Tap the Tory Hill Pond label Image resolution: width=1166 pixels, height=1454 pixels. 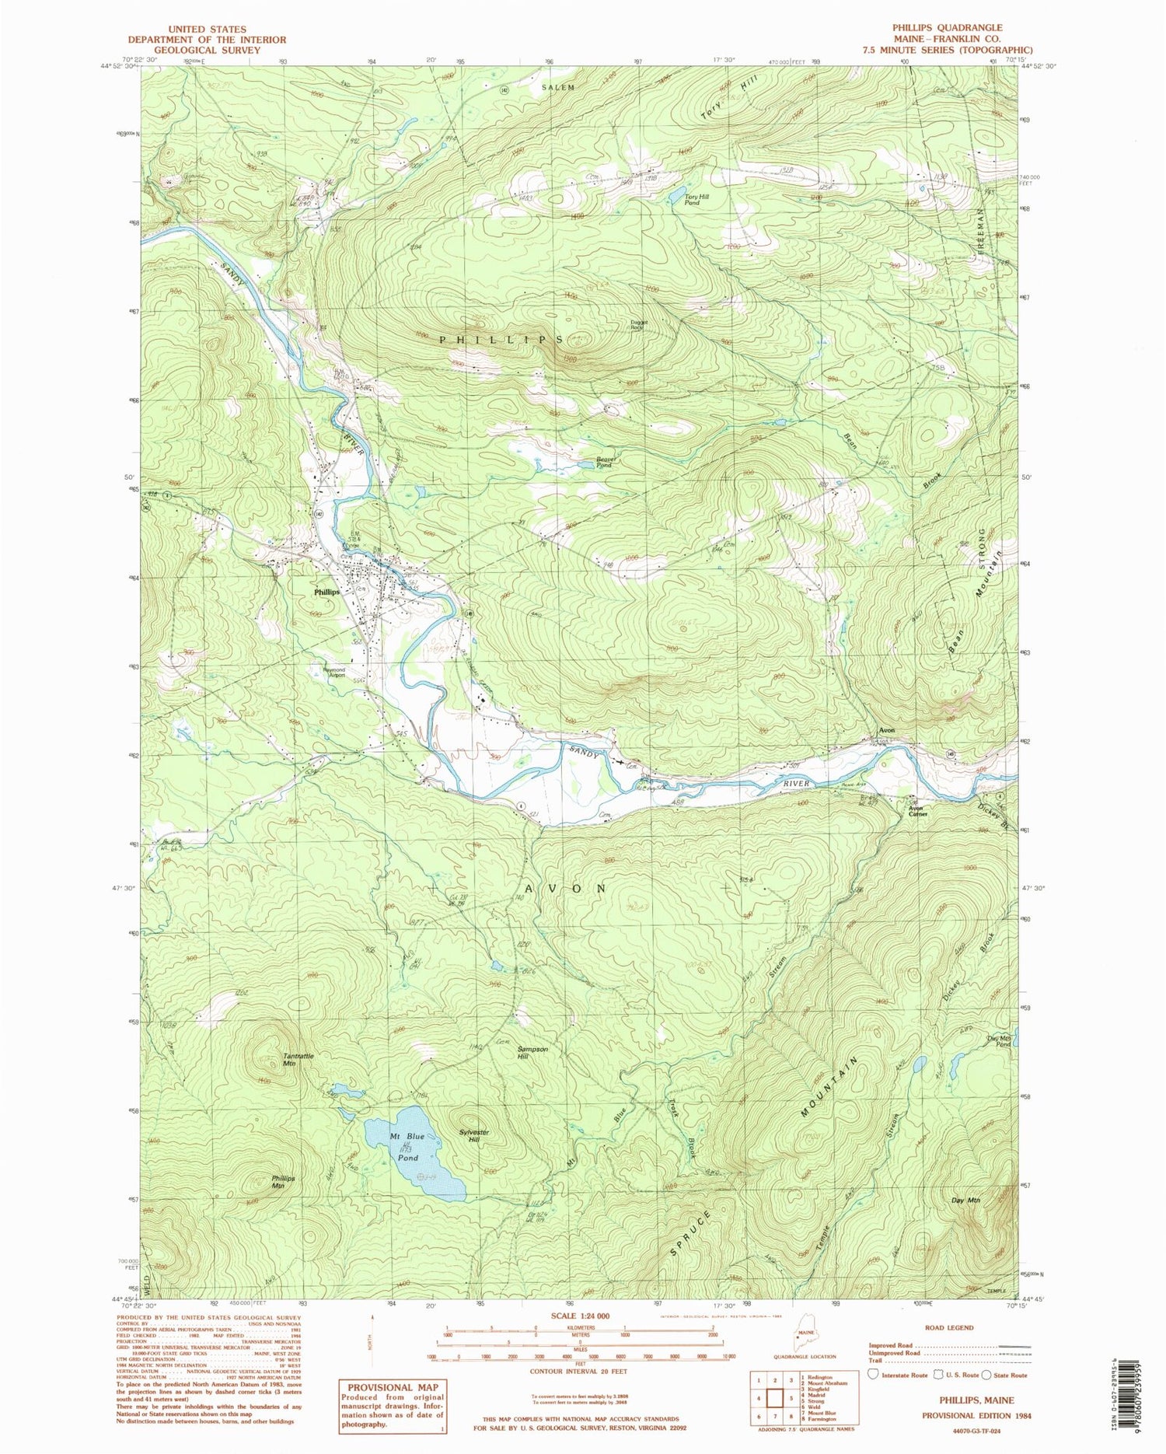(696, 200)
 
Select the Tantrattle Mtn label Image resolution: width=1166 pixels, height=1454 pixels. (299, 1059)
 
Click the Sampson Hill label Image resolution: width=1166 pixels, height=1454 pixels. (532, 1052)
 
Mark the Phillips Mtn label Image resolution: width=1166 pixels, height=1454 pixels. (283, 1182)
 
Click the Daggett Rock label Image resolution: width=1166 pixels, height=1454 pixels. (638, 327)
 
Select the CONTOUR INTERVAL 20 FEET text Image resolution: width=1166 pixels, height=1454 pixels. (578, 1371)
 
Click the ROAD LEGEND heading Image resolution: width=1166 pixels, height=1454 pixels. (949, 1327)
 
